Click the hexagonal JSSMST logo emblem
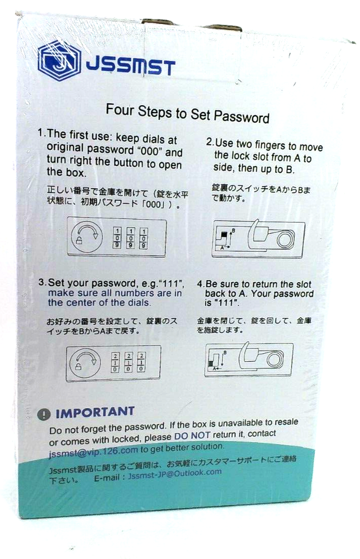tap(59, 60)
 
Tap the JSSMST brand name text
tap(130, 67)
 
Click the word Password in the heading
tap(241, 117)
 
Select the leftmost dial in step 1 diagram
tap(117, 238)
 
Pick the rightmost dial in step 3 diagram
tap(141, 363)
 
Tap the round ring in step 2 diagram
tap(285, 239)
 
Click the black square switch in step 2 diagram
tap(224, 235)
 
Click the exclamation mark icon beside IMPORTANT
tap(44, 414)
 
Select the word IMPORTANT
tap(95, 413)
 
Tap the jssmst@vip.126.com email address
tap(93, 451)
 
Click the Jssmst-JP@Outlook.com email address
tap(174, 474)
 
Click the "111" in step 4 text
tap(226, 303)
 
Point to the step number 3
tap(42, 282)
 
